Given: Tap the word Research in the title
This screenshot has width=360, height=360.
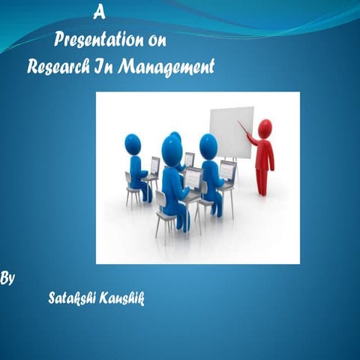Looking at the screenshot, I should (x=58, y=65).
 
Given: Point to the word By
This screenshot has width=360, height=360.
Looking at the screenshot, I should (x=7, y=278).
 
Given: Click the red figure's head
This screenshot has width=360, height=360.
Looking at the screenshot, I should (x=265, y=128).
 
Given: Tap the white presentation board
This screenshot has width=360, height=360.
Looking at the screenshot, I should (x=230, y=131).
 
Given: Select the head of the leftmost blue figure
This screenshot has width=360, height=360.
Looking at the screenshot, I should (x=133, y=143).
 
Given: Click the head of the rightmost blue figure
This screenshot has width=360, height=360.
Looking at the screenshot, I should (x=208, y=145).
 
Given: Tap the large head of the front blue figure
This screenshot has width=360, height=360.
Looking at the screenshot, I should (x=172, y=150).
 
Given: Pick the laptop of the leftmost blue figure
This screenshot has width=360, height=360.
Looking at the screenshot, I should (x=154, y=166).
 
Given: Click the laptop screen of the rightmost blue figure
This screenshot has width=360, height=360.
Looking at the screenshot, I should (x=227, y=171).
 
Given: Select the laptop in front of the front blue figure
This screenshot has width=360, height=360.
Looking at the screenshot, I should (x=193, y=179).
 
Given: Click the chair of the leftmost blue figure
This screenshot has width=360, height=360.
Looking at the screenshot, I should (x=131, y=187).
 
